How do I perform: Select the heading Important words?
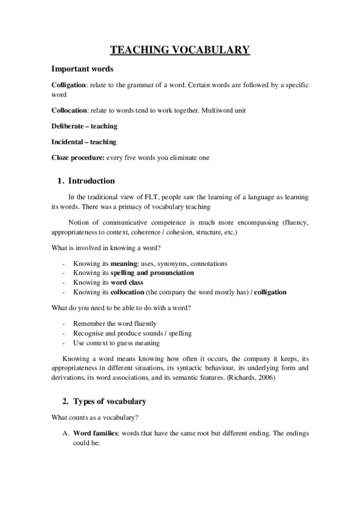coord(82,69)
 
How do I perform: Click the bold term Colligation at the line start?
coord(69,85)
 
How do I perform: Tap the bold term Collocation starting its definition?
coord(70,111)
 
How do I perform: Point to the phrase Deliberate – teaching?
coord(84,126)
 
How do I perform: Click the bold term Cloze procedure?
coord(78,158)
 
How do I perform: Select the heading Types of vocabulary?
coord(109,401)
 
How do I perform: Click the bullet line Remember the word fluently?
coord(114,324)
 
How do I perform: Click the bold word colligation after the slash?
coord(270,292)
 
